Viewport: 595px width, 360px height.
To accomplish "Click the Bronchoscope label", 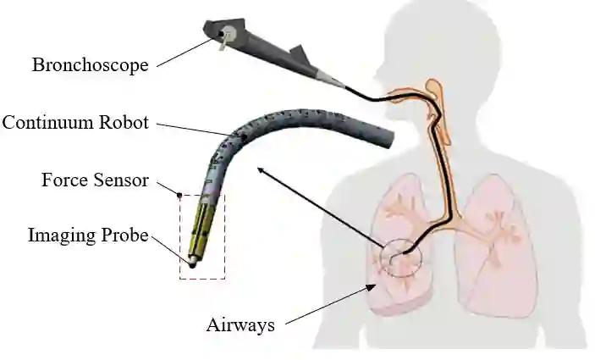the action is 90,64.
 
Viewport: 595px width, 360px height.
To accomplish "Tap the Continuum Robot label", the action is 75,123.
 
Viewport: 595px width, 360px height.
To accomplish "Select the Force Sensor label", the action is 96,180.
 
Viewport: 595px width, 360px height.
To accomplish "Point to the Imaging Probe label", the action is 88,235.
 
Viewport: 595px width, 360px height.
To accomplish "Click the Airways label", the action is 240,324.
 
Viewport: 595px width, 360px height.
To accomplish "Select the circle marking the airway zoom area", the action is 402,260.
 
